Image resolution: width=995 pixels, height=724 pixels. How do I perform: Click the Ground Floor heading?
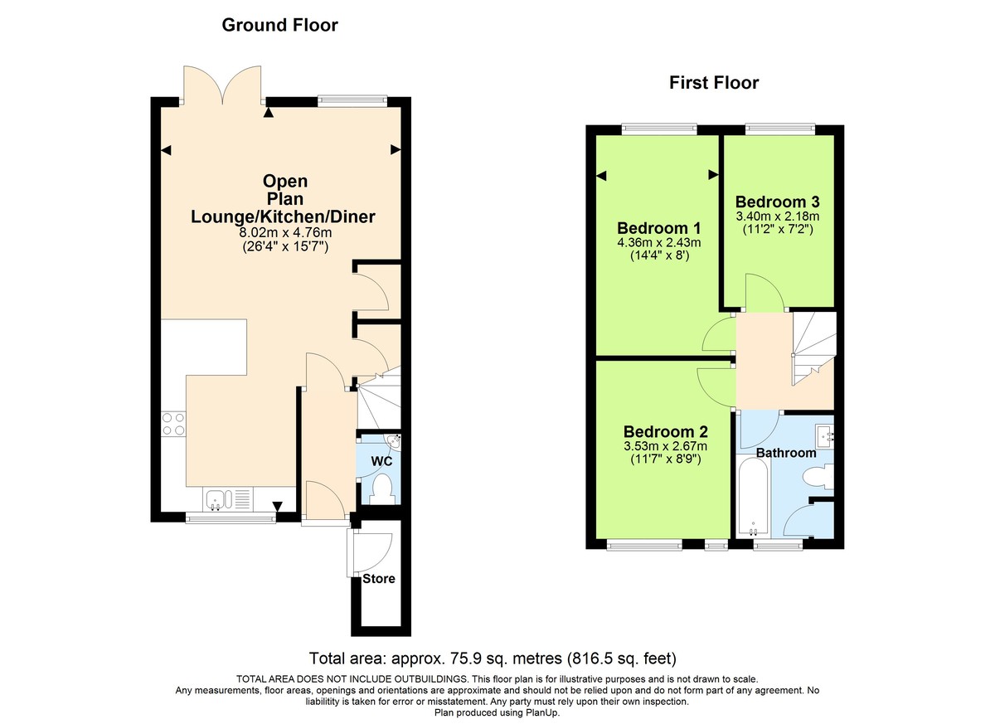click(x=279, y=26)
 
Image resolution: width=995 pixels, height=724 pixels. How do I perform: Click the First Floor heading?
click(x=714, y=83)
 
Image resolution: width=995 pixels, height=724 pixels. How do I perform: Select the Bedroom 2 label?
click(x=665, y=432)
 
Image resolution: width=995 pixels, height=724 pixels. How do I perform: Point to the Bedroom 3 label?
click(x=777, y=202)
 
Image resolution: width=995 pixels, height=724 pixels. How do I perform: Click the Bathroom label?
click(x=785, y=453)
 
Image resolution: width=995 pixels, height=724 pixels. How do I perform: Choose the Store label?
click(x=378, y=579)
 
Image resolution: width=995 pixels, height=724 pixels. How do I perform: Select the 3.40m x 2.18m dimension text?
click(x=777, y=216)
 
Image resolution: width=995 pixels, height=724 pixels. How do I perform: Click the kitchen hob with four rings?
click(x=173, y=424)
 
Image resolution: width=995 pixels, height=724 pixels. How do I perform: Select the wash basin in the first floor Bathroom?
click(x=825, y=434)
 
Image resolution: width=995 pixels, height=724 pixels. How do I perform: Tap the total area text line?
click(x=493, y=659)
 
